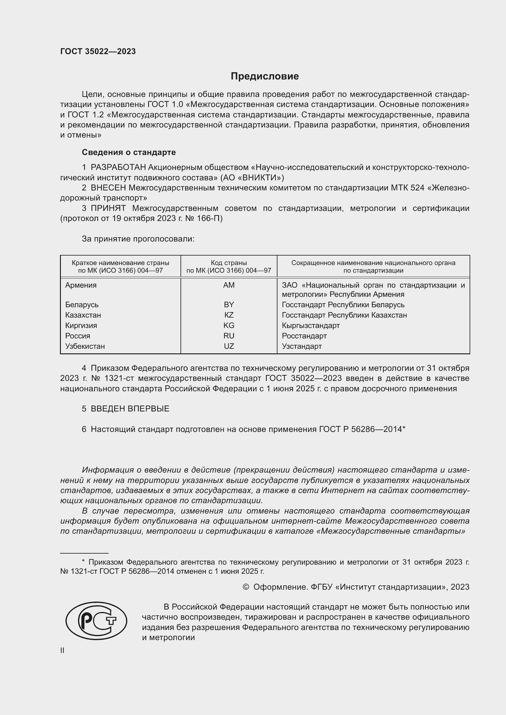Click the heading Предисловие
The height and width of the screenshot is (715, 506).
(x=265, y=76)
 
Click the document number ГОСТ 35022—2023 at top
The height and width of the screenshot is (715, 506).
(x=98, y=51)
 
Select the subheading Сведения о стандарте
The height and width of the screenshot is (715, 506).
(x=129, y=152)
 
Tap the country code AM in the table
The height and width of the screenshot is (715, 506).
(x=229, y=285)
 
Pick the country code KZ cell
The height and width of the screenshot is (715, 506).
(x=229, y=315)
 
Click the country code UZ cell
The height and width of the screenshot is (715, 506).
(x=229, y=346)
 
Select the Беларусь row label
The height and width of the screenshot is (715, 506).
(x=82, y=304)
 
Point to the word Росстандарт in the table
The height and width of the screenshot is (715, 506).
(x=304, y=336)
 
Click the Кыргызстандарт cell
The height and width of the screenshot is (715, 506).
(x=311, y=326)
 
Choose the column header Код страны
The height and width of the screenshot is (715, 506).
(x=229, y=263)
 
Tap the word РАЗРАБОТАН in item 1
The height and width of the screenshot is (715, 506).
(x=118, y=168)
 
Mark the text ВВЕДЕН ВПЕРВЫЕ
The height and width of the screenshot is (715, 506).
(x=130, y=409)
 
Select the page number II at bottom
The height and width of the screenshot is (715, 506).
(x=62, y=650)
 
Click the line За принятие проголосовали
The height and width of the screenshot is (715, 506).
(x=138, y=239)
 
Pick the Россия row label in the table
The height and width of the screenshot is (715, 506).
(x=78, y=336)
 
